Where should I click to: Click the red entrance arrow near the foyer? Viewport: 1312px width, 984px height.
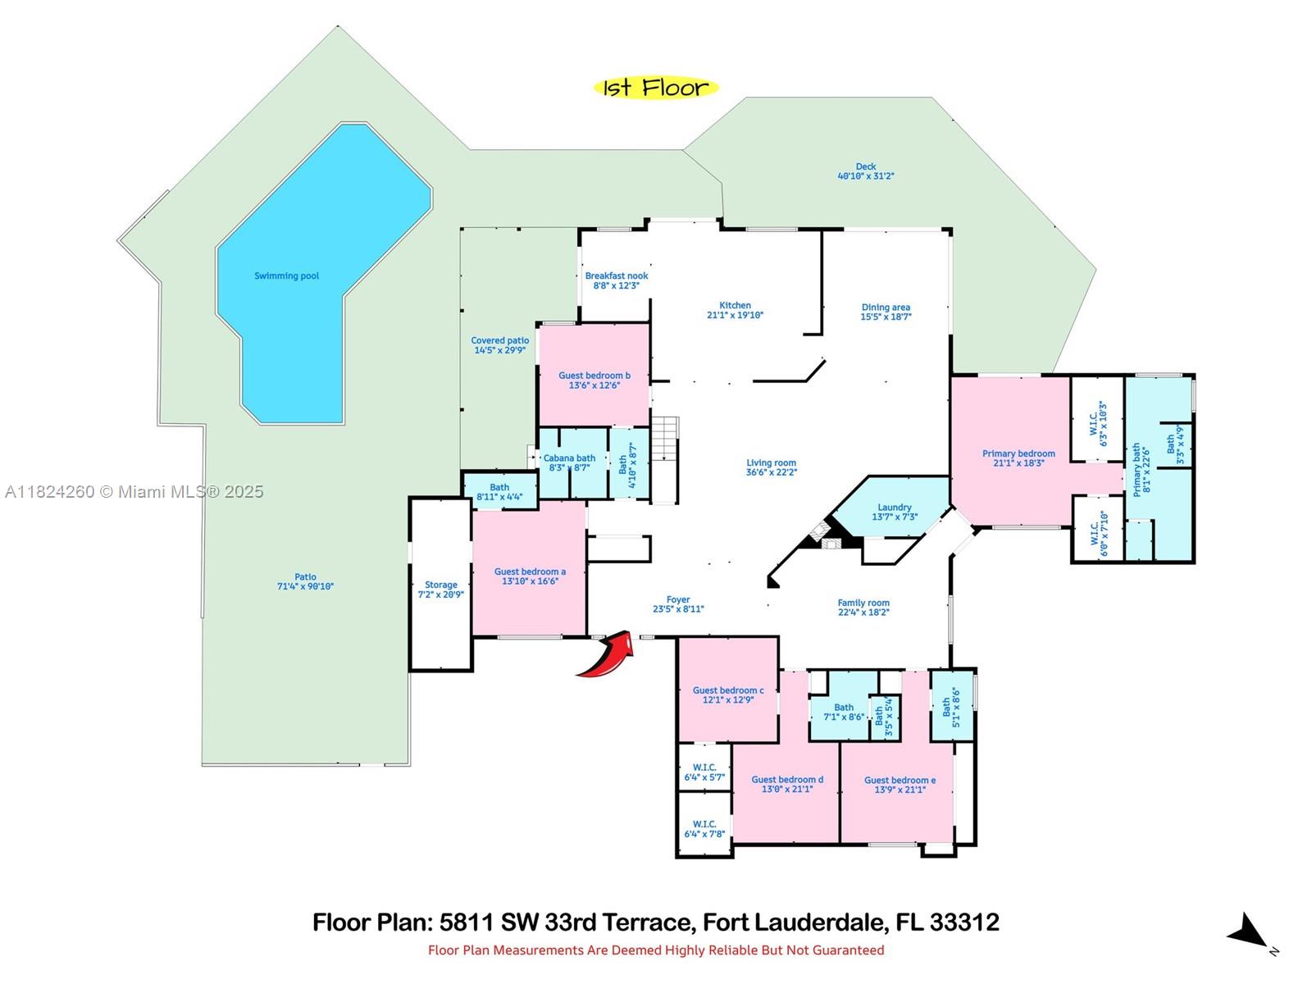607,657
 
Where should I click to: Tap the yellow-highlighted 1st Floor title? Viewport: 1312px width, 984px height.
656,88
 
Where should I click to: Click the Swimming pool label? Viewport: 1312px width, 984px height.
286,276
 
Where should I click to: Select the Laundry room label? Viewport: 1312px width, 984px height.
894,508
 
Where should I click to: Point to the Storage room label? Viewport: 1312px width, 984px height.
441,585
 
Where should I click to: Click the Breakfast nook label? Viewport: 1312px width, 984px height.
617,276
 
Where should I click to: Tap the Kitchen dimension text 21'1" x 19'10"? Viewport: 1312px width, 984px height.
735,315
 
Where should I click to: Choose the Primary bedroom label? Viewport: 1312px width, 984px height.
1018,453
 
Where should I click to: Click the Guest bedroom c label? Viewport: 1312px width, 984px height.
728,690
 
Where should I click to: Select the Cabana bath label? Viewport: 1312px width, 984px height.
569,458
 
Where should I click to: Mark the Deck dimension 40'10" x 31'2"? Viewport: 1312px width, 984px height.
865,176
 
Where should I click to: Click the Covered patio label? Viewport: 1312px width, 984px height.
499,340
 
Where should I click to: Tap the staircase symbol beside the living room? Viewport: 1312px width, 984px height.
665,459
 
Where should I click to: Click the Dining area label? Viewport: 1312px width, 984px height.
886,307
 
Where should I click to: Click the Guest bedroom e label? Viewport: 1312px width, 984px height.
900,780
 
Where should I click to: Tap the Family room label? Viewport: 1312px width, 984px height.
863,603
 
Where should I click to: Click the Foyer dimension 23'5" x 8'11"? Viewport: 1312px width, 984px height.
678,609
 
